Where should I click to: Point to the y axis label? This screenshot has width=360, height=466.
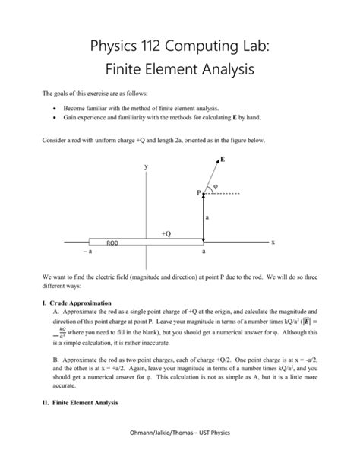[146, 166]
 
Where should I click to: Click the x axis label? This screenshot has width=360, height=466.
[273, 242]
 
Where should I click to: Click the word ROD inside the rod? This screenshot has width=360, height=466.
[112, 243]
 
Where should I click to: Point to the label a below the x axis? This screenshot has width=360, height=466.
[203, 252]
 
